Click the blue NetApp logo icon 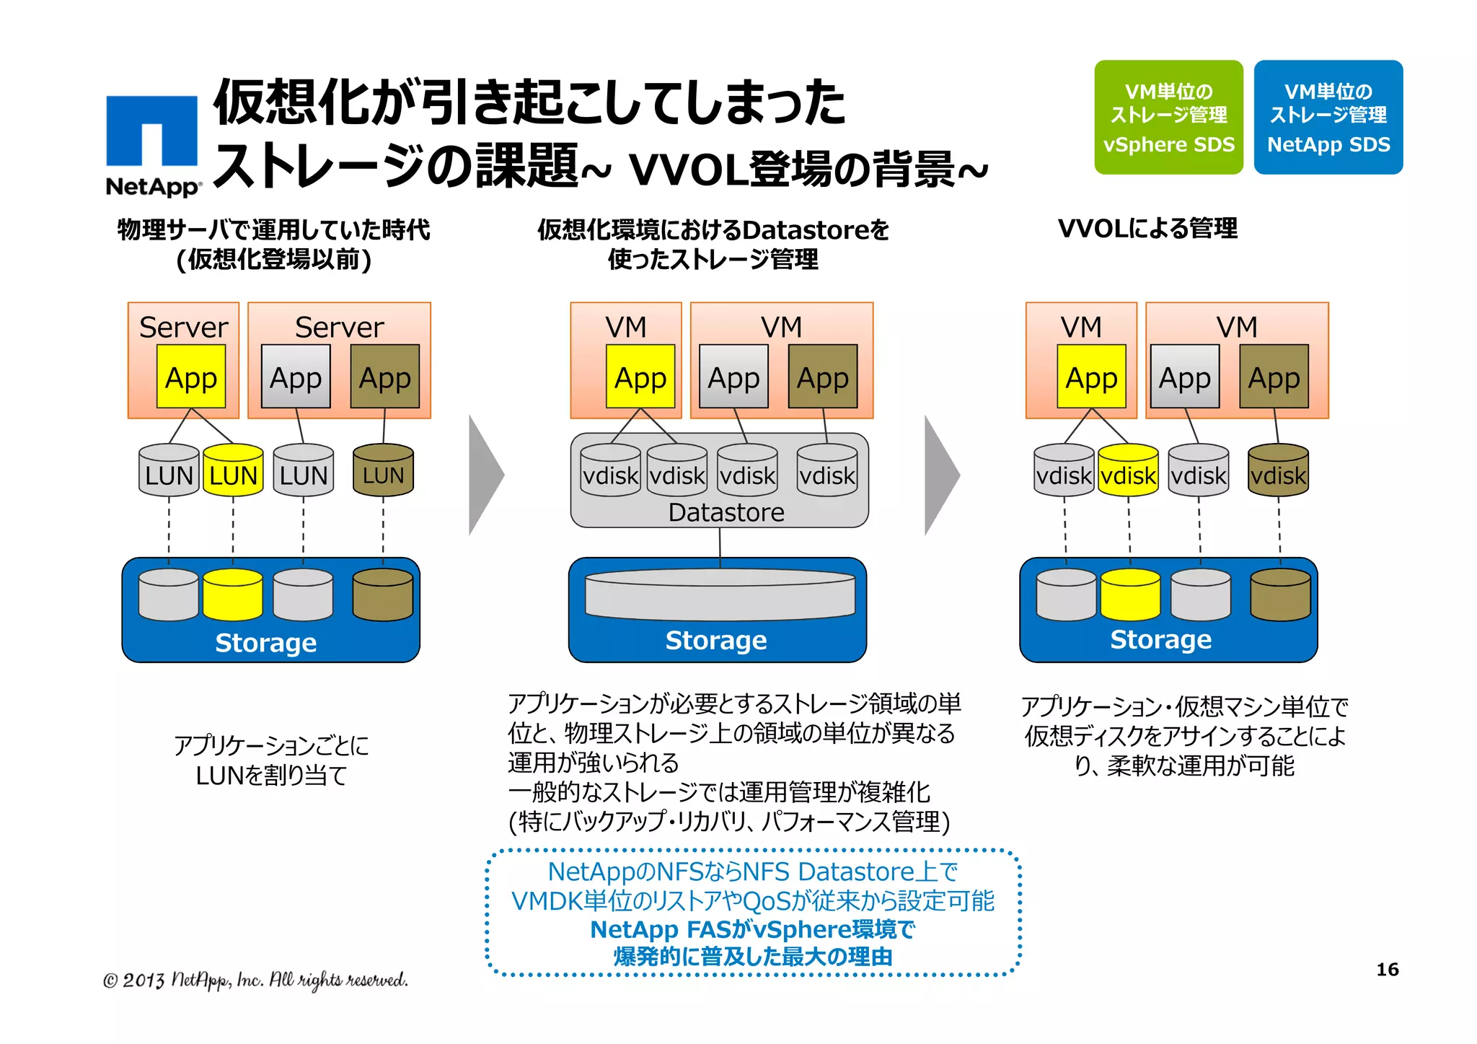(x=151, y=131)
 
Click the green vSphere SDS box (x=1168, y=117)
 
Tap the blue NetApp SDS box (x=1328, y=117)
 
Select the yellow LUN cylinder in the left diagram (x=233, y=470)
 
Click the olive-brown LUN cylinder (x=383, y=470)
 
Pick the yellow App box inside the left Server (x=191, y=377)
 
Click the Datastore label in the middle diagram (x=726, y=512)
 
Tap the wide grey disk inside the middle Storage (x=720, y=595)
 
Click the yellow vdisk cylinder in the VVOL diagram (x=1128, y=470)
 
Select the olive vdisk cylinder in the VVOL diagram (x=1278, y=470)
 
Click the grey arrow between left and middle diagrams (x=485, y=475)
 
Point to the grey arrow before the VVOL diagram (x=940, y=475)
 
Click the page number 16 (x=1387, y=969)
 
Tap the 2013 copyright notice (x=255, y=980)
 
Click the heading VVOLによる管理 (x=1147, y=229)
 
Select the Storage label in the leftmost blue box (x=265, y=642)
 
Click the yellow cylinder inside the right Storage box (x=1130, y=595)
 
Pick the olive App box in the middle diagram (x=823, y=377)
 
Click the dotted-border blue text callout (x=753, y=913)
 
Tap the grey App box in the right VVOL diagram (x=1184, y=377)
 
